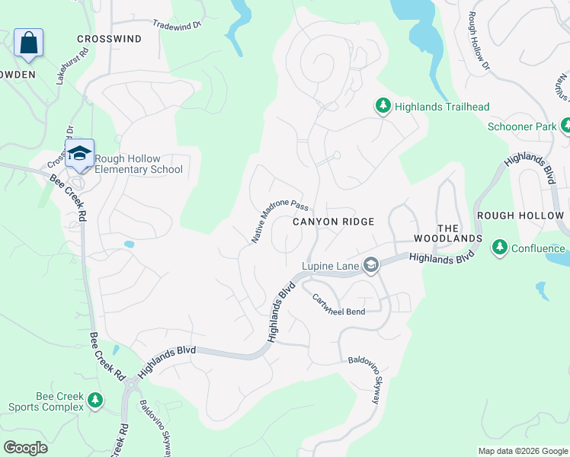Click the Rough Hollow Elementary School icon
pos(79,154)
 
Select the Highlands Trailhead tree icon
pos(383,107)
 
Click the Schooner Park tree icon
pos(565,126)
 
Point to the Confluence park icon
pos(500,248)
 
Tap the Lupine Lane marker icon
pos(371,265)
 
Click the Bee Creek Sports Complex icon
pos(95,400)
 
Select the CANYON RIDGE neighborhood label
pos(334,222)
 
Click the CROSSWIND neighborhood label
pos(109,39)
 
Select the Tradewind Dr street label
pos(176,24)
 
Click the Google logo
pos(25,447)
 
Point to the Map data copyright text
pos(522,451)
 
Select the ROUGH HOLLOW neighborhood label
pos(521,216)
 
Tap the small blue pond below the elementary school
pos(129,244)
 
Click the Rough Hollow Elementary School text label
pos(139,164)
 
